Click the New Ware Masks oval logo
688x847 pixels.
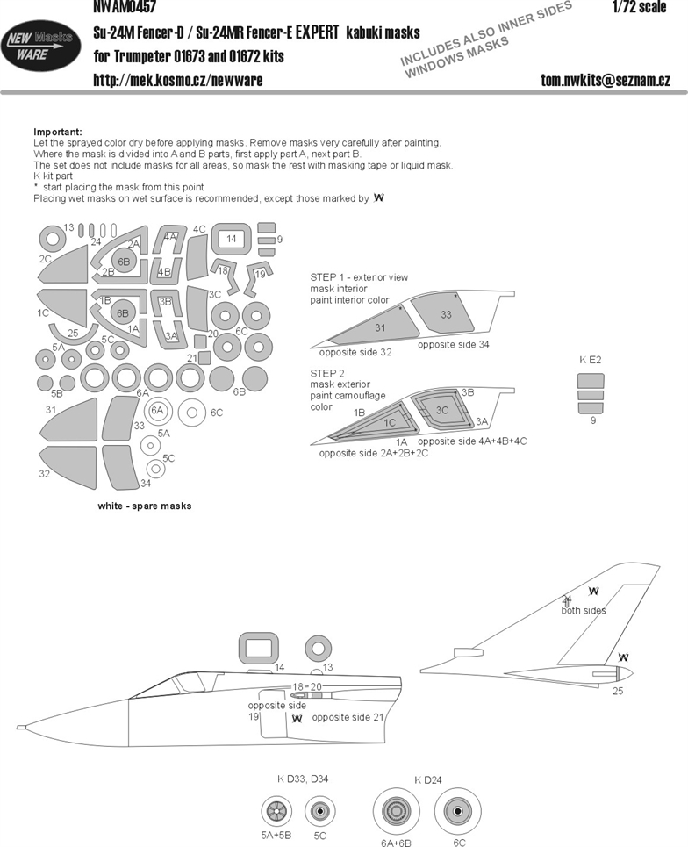pos(40,46)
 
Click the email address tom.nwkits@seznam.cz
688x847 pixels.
pos(606,81)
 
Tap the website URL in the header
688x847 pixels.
pos(178,81)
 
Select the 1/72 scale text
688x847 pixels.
pos(640,6)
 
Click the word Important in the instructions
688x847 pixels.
pos(58,132)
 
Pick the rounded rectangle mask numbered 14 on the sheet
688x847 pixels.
pos(232,238)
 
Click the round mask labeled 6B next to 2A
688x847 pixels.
pos(124,262)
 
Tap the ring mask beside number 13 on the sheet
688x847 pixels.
pos(53,239)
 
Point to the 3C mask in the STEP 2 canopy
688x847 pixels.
pos(441,411)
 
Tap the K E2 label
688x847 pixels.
pos(591,360)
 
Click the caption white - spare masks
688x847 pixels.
pos(145,506)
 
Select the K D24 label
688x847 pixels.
pos(428,780)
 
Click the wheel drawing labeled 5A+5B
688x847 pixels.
pos(276,811)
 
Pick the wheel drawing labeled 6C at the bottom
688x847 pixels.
pos(458,811)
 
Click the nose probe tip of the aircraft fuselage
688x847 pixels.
pos(18,727)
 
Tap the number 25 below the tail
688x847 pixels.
pos(618,691)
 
